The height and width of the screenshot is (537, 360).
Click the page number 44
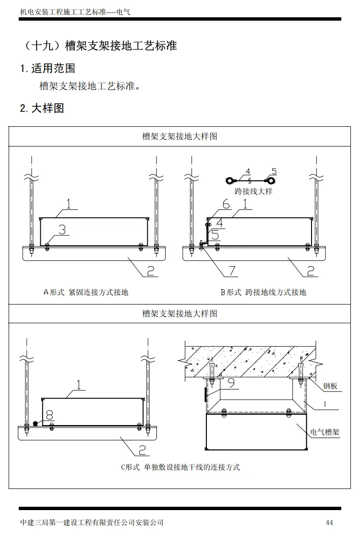pyautogui.click(x=329, y=523)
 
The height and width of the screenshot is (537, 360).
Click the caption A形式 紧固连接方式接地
pyautogui.click(x=86, y=292)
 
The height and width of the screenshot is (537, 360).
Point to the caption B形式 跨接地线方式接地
pyautogui.click(x=263, y=292)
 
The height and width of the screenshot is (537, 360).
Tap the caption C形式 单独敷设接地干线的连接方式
pyautogui.click(x=180, y=467)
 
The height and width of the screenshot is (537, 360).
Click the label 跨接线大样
pyautogui.click(x=253, y=191)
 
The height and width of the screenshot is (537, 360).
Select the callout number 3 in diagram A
pyautogui.click(x=62, y=230)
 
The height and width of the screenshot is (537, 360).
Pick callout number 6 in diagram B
pyautogui.click(x=226, y=205)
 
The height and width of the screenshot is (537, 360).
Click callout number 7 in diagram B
pyautogui.click(x=232, y=270)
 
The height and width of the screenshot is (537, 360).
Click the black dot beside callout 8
pyautogui.click(x=36, y=424)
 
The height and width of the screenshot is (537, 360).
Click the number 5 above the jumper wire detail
pyautogui.click(x=274, y=171)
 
